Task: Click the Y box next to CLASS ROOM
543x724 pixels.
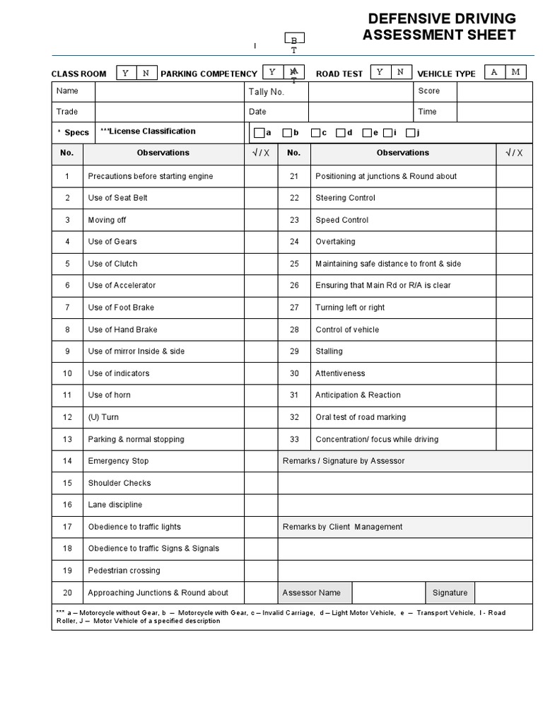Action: pos(126,73)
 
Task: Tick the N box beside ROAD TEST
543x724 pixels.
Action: pos(400,72)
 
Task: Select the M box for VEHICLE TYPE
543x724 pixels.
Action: pos(515,72)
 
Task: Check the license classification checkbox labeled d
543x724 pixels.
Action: pos(341,132)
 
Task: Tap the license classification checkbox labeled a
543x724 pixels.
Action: pos(259,132)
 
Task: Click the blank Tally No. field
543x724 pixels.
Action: pos(360,91)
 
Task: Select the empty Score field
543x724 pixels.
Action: pos(494,91)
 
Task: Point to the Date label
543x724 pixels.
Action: pos(257,112)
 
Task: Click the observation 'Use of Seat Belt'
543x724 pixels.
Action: pos(117,198)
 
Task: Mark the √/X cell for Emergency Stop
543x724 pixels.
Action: pos(261,461)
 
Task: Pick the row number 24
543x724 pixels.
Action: pos(294,242)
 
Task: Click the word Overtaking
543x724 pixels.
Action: pos(335,242)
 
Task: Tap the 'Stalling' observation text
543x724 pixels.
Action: pos(329,351)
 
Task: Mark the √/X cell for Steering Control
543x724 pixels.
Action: pos(514,198)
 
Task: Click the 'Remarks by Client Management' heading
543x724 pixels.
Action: pos(342,527)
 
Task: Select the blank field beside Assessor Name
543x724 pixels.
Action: pos(388,592)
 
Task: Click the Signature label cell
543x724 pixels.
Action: pos(450,592)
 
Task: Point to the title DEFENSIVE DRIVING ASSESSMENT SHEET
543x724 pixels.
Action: pos(439,27)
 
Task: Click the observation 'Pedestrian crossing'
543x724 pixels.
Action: pos(124,571)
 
